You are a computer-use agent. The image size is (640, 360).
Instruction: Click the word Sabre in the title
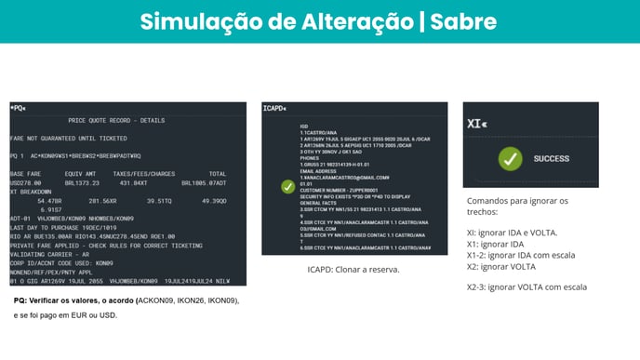coord(463,21)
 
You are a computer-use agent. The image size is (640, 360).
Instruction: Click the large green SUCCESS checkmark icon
coord(509,158)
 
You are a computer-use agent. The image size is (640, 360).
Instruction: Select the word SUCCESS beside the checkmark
coord(551,159)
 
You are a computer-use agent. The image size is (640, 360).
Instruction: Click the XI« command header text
coord(476,121)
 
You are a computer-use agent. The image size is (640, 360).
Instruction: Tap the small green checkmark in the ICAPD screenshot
coord(287,187)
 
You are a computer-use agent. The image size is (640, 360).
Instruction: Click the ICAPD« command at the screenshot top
coord(275,109)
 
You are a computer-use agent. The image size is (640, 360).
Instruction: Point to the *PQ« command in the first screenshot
coord(19,109)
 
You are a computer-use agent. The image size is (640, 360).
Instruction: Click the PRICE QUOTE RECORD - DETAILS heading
coord(115,121)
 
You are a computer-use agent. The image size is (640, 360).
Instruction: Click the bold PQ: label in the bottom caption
coord(20,300)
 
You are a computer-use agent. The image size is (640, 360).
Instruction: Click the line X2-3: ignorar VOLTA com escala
coord(527,287)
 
